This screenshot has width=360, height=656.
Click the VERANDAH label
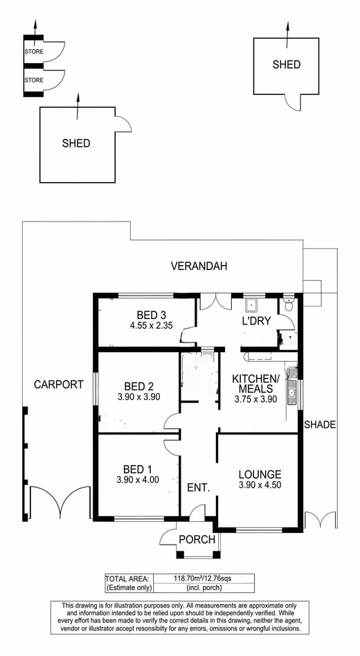coord(199,266)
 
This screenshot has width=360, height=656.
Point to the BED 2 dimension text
coord(138,397)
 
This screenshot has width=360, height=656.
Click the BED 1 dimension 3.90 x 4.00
coord(138,480)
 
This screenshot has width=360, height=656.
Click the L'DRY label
coord(255,321)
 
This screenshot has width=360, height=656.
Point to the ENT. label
coord(198,488)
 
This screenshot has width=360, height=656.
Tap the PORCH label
coord(197,540)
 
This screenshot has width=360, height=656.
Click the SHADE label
coord(320,425)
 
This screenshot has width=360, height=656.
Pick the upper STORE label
coord(34,52)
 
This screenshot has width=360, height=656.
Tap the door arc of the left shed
coord(123,125)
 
